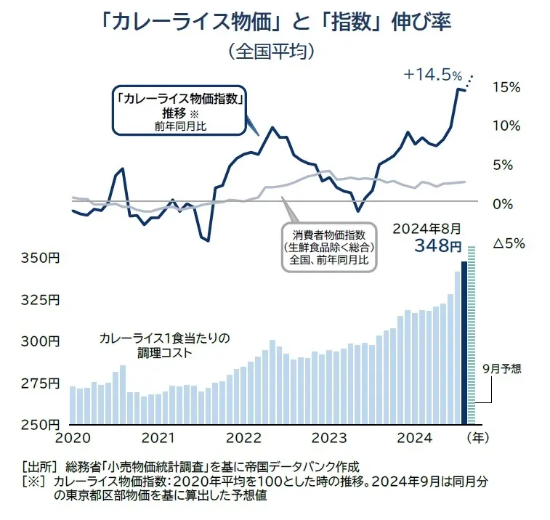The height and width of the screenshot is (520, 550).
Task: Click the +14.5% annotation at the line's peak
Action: (433, 74)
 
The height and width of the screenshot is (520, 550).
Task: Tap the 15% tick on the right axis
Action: (506, 87)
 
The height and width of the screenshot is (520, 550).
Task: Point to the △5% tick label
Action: (509, 243)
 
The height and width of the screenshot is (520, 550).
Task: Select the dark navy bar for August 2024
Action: (464, 341)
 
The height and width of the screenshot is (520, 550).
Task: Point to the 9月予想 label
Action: (501, 367)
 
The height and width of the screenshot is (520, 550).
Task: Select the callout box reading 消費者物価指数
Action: (329, 246)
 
